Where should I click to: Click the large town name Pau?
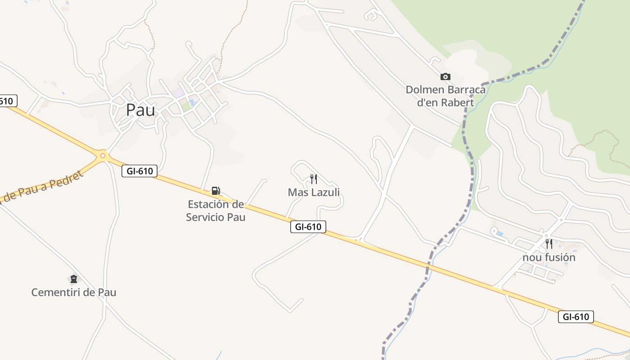coord(140,110)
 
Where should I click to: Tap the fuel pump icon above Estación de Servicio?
coord(216,191)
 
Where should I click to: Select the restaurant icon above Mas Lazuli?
coord(314,179)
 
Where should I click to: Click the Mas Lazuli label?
coord(314,193)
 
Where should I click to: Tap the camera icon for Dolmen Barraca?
coord(445,76)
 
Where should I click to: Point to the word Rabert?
coord(457,103)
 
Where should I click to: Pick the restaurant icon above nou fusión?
coord(549,244)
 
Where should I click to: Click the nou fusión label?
coord(549,257)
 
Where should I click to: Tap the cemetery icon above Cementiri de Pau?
coord(74,279)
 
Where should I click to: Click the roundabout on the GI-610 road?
coord(103,156)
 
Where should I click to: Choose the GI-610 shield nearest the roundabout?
coord(139,171)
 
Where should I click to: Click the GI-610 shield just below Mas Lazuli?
coord(308,227)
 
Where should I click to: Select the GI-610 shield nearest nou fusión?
coord(576,317)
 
